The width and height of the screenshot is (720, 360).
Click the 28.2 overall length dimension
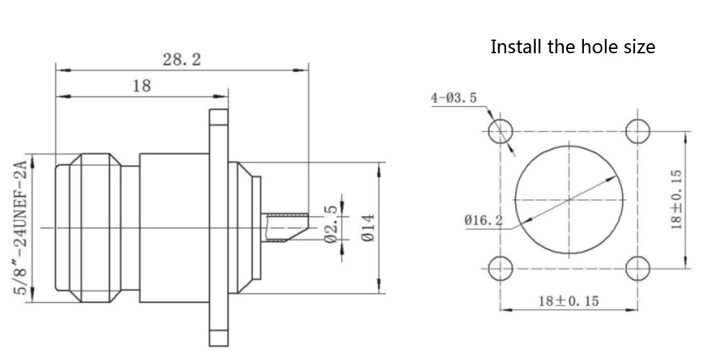pos(181,60)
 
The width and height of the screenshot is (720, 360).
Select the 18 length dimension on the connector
pos(142,86)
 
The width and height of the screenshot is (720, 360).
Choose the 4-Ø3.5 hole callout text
pos(454,98)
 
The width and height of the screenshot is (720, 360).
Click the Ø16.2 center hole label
pos(483,219)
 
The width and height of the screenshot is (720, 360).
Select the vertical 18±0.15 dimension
pos(675,199)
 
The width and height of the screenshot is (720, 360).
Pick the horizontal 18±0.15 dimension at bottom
pos(568,301)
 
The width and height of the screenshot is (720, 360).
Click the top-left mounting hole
pos(500,132)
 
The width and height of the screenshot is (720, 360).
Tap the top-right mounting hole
pos(638,132)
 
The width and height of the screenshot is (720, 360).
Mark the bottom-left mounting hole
pos(500,269)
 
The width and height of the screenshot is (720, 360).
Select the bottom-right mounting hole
pos(638,269)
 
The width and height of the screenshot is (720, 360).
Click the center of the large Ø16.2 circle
pos(569,199)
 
